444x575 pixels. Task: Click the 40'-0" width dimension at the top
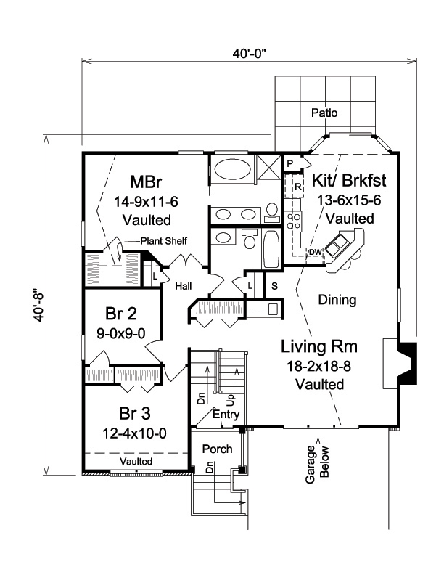click(x=247, y=54)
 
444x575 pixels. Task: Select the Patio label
click(x=324, y=113)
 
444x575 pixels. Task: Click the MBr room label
click(x=146, y=181)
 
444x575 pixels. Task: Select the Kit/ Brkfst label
click(x=349, y=180)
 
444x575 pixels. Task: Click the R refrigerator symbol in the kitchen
click(x=297, y=187)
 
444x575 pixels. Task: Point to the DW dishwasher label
click(x=313, y=252)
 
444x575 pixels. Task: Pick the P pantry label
click(x=289, y=164)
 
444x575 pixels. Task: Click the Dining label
click(x=337, y=299)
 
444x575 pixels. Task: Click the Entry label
click(x=227, y=414)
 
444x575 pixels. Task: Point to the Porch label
click(x=217, y=449)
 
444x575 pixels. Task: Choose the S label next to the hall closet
click(x=274, y=285)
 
